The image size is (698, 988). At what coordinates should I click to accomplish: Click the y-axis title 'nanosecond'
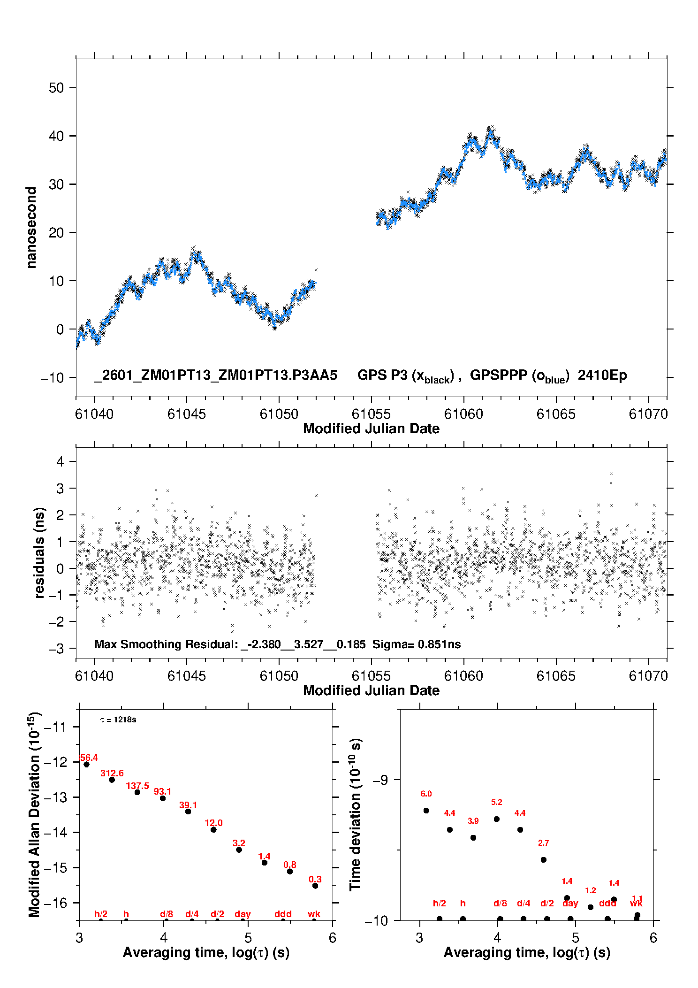pos(31,228)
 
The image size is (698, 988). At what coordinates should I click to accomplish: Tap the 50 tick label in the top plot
pos(56,88)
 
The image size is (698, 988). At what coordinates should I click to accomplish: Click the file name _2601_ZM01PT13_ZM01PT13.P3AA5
pos(215,375)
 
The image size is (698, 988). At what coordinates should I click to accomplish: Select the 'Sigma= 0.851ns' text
pos(417,644)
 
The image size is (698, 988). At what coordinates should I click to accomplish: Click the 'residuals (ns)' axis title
pos(40,552)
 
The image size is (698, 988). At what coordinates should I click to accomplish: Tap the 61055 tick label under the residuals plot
pos(371,676)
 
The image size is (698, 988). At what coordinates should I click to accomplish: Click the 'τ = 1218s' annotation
pos(118,720)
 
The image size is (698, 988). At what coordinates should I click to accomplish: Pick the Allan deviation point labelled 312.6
pos(112,780)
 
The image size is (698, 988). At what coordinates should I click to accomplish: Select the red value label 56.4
pos(89,758)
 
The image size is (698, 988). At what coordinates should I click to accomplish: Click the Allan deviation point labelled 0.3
pos(315,886)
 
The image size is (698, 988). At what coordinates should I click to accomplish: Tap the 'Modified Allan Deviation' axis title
pos(34,814)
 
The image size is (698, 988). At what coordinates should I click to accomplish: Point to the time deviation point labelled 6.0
pos(426,811)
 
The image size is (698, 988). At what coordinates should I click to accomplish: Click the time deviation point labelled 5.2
pos(497,819)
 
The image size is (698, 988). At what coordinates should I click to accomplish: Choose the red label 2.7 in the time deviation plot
pos(543,843)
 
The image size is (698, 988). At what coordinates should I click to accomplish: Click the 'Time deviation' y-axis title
pos(355,814)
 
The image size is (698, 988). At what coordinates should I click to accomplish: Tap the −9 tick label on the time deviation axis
pos(380,780)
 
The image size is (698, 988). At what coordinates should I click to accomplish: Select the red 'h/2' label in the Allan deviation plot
pos(101,914)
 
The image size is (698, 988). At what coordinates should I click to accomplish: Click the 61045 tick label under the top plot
pos(187,414)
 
